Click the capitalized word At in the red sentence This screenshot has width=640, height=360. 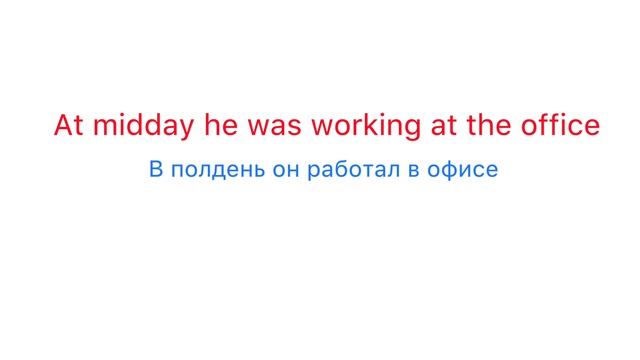click(66, 127)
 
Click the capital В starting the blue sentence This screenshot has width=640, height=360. click(155, 170)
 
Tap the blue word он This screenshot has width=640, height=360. click(285, 170)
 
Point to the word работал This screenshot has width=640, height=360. click(355, 170)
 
